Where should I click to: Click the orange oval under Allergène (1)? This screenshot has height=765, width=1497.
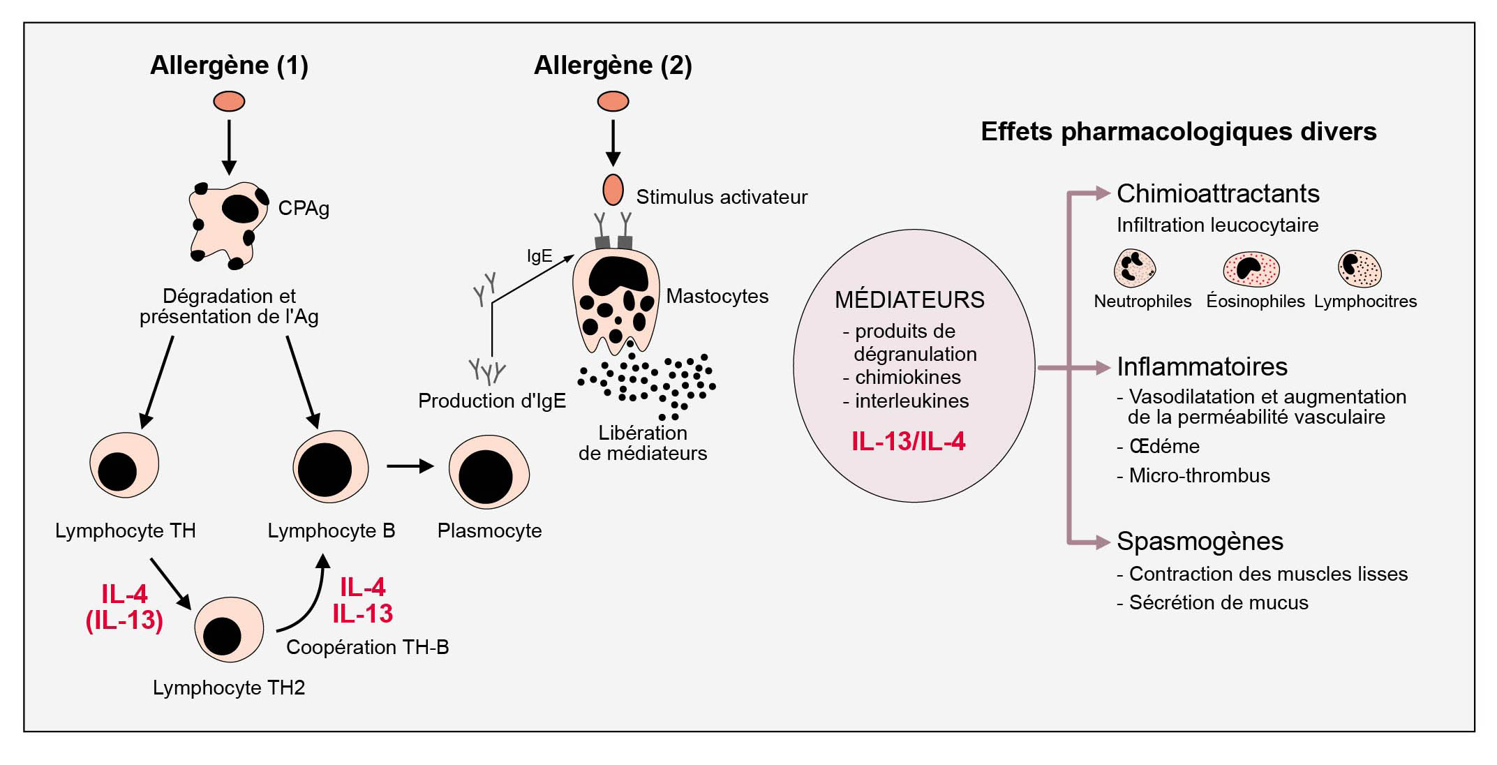point(229,102)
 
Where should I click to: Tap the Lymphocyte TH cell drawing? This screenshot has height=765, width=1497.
point(124,466)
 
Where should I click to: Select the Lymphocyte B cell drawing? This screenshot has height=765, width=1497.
point(330,466)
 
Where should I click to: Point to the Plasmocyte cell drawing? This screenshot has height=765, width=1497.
point(489,473)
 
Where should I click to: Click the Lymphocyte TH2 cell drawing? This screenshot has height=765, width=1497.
point(228,630)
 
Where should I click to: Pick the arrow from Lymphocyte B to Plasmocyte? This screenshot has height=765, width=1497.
point(410,466)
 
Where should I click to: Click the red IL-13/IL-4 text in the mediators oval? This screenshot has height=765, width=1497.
point(908,442)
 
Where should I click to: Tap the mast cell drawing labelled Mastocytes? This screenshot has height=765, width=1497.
point(615,300)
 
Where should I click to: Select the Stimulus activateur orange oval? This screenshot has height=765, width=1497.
point(613,190)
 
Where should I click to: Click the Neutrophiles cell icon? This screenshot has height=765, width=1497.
point(1134,269)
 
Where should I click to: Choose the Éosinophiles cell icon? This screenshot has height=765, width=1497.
point(1251,269)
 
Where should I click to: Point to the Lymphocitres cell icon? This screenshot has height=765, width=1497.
point(1360,269)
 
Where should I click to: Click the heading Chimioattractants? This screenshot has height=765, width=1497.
point(1218,194)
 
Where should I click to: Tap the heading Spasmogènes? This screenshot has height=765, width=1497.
point(1200,542)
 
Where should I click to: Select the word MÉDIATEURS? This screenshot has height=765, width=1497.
point(909,300)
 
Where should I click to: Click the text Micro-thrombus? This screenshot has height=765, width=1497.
point(1199,476)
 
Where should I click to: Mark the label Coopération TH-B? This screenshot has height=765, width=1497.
point(367,648)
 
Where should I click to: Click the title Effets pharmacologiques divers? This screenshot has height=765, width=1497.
point(1178,132)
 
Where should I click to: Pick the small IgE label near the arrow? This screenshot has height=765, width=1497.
point(539,256)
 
